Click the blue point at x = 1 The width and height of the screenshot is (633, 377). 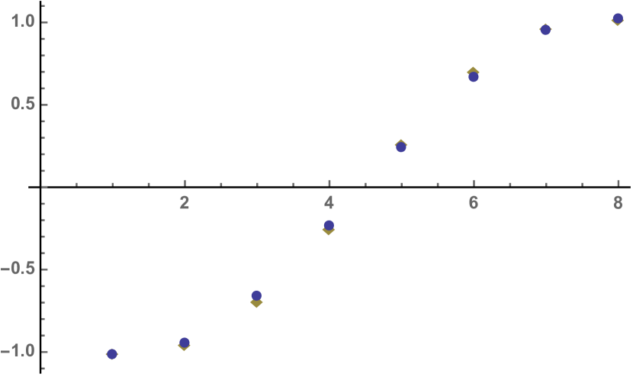coord(112,353)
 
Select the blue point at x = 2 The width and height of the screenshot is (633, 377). coord(185,343)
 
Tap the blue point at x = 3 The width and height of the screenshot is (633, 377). coord(256,295)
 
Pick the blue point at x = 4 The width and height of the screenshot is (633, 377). coord(329,225)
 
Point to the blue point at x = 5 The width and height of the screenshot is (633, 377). coord(401,147)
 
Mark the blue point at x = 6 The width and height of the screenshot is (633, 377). coord(474,77)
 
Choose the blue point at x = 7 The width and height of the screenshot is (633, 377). coord(545,30)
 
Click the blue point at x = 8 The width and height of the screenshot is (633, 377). coord(618,18)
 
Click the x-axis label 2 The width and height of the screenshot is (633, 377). coord(185,202)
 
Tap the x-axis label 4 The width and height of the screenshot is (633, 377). coord(329,202)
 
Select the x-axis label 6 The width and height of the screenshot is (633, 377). coord(474,202)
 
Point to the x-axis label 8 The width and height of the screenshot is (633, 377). coord(618,202)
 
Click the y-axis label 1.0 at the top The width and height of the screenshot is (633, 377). coord(23,21)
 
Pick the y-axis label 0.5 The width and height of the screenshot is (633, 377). coord(23,104)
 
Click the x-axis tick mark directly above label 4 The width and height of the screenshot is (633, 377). coord(329,183)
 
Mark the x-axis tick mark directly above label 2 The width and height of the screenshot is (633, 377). coord(185,183)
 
